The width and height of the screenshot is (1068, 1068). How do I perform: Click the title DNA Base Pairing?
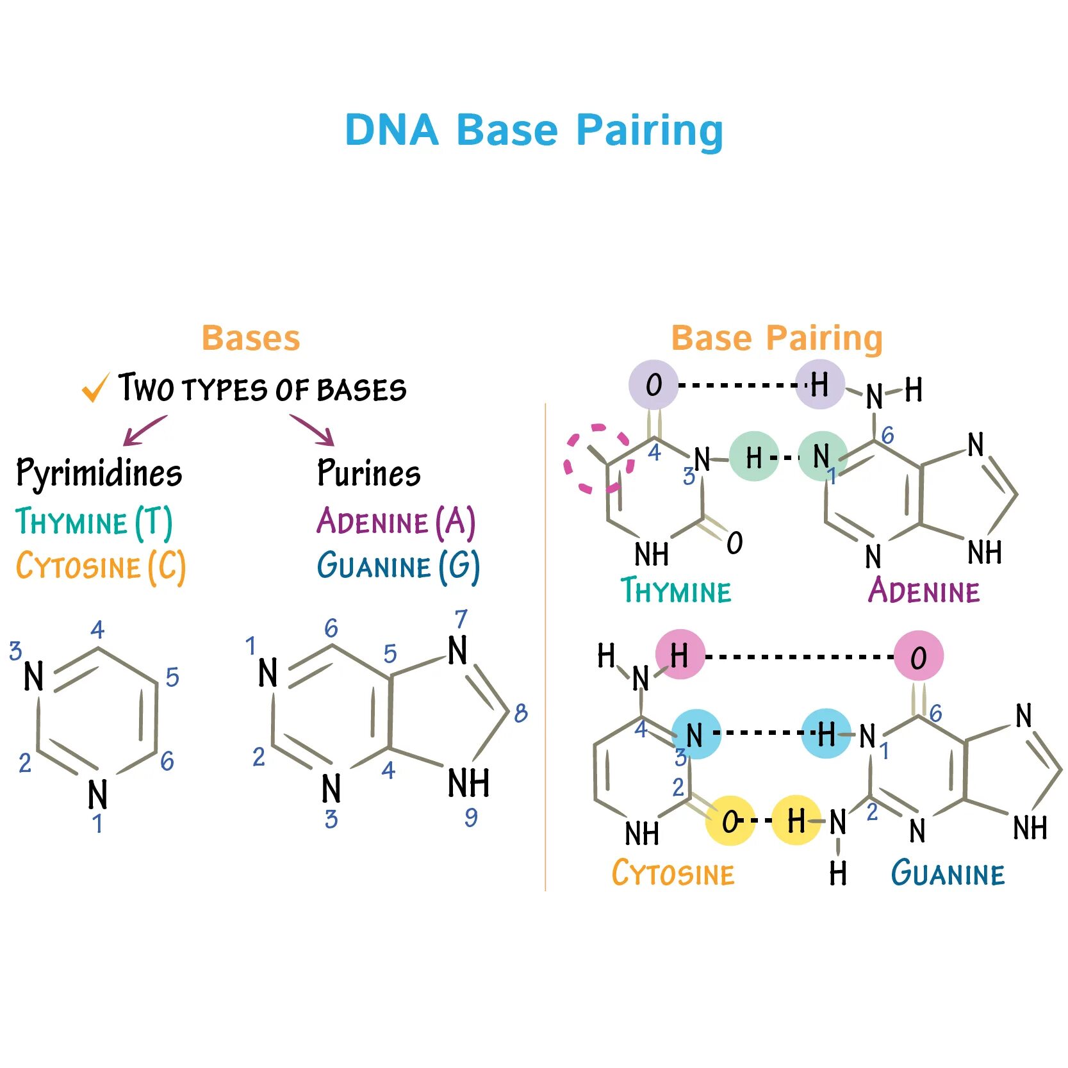[534, 130]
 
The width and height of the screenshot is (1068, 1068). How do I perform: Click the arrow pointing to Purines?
[313, 430]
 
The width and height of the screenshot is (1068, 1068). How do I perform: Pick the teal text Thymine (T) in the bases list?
[94, 522]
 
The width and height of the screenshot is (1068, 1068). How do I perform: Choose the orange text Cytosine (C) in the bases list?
[101, 566]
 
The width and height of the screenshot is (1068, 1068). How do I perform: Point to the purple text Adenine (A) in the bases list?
[396, 522]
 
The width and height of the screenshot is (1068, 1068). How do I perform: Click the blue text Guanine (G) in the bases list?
[398, 566]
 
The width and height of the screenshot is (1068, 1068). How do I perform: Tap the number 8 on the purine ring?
[521, 712]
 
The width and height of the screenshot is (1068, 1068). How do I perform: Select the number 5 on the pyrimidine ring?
[172, 677]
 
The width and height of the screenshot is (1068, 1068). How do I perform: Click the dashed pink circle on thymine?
[597, 459]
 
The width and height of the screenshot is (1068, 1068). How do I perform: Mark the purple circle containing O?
[653, 384]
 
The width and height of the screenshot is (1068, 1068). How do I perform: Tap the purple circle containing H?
[819, 384]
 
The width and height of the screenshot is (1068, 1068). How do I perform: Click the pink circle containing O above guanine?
[918, 656]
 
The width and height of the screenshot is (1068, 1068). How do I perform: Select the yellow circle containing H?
[796, 820]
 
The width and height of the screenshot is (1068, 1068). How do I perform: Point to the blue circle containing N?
[696, 734]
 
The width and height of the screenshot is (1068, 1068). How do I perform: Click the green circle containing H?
[754, 457]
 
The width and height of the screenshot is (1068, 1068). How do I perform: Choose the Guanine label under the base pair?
[948, 873]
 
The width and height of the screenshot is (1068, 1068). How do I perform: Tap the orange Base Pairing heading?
[776, 338]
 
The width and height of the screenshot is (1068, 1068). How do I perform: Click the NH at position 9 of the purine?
[468, 783]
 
